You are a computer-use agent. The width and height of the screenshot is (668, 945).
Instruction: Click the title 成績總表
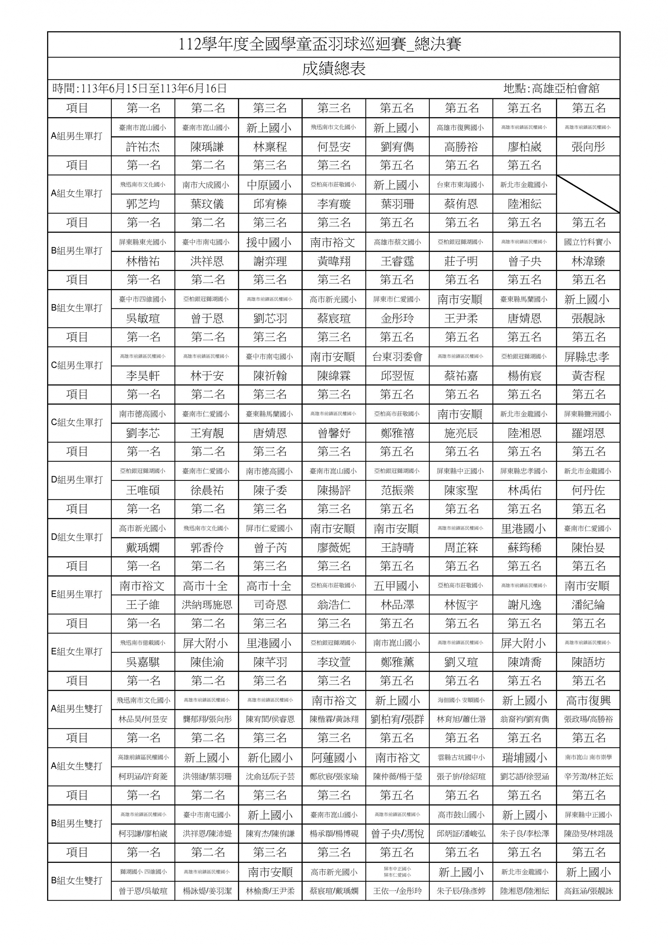click(334, 69)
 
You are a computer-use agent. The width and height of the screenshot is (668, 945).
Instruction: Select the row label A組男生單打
click(76, 136)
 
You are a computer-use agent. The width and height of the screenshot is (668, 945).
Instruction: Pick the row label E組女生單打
click(76, 652)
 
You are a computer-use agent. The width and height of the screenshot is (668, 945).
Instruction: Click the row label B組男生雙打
click(76, 824)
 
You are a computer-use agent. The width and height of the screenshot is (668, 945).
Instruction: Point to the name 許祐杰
click(143, 147)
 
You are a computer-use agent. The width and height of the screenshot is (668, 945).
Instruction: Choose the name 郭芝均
click(143, 204)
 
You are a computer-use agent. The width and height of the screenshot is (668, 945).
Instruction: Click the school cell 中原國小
click(270, 185)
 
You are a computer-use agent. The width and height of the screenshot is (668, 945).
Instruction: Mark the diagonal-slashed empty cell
click(588, 194)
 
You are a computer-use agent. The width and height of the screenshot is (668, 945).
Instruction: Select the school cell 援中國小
click(270, 242)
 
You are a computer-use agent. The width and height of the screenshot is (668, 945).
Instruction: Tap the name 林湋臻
click(588, 261)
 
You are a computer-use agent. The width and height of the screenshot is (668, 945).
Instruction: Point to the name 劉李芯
click(143, 433)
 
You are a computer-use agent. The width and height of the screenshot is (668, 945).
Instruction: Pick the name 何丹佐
click(588, 490)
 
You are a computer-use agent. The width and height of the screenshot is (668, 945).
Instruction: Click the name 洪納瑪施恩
click(207, 604)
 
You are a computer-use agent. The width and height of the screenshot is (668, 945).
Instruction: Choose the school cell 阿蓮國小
click(333, 758)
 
